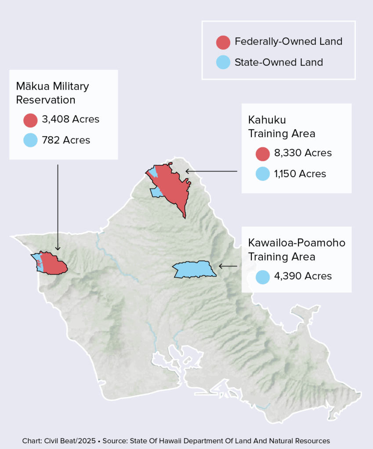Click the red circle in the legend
224,42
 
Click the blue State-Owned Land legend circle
224,62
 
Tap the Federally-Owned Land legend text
288,42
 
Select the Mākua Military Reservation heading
52,93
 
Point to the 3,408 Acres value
71,119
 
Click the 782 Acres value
66,140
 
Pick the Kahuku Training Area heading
282,126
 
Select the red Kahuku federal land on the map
173,186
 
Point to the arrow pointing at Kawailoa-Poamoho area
228,266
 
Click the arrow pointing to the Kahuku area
211,171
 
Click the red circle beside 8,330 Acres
263,153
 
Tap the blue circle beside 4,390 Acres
263,277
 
